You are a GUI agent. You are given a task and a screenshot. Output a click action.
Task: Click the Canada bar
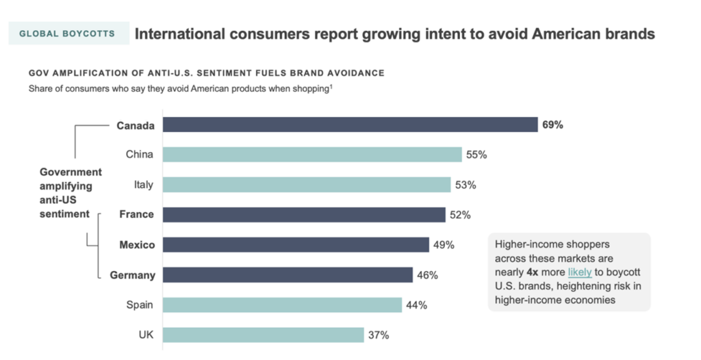(x=350, y=125)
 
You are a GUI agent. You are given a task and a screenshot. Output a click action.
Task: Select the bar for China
(x=312, y=155)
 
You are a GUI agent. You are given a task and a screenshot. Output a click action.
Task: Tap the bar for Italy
(x=307, y=185)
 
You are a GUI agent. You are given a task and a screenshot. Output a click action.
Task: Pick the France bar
(x=304, y=215)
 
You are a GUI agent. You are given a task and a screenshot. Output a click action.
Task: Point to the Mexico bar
(x=296, y=245)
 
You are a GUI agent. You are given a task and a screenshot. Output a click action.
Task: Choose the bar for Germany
(x=288, y=275)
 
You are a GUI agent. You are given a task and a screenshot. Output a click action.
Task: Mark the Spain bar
(x=282, y=305)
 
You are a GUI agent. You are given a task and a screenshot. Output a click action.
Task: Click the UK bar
(x=263, y=335)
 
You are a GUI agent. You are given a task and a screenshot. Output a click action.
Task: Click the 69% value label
(x=552, y=125)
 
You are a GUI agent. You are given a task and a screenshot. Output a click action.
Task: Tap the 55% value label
(x=476, y=155)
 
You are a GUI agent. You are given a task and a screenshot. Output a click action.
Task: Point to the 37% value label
(x=379, y=335)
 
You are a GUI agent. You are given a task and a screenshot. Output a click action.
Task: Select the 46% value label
(x=428, y=275)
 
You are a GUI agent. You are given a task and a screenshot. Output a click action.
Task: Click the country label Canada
(x=135, y=125)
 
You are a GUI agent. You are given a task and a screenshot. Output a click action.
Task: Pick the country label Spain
(x=140, y=305)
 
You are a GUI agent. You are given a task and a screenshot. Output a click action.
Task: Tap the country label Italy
(x=143, y=185)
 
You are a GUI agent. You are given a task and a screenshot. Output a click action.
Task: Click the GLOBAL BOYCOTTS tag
(x=67, y=34)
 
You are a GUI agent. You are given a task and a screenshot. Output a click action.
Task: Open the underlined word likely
(x=580, y=272)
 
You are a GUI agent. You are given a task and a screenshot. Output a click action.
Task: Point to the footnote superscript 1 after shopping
(x=331, y=86)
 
